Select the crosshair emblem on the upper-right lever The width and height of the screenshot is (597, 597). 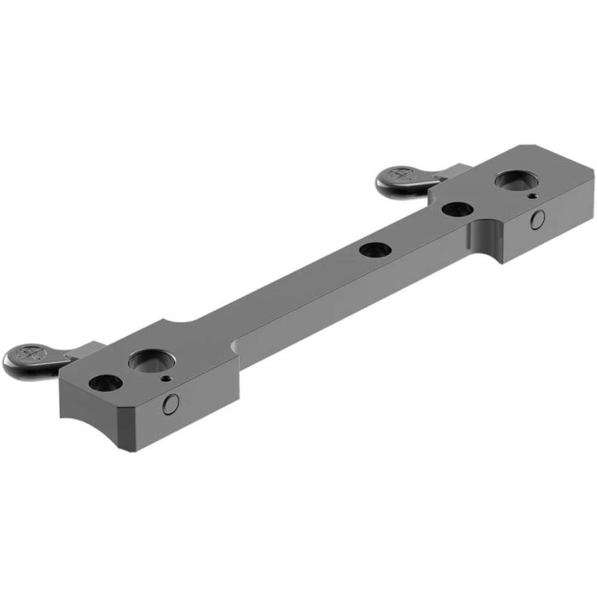coord(399,174)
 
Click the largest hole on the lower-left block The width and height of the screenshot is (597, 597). coord(146,361)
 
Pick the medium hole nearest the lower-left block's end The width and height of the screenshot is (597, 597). coord(102,383)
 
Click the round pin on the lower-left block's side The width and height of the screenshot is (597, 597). coord(171,404)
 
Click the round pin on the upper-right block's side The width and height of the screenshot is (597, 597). coord(537,221)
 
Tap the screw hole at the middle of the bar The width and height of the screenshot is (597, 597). coord(375,250)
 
